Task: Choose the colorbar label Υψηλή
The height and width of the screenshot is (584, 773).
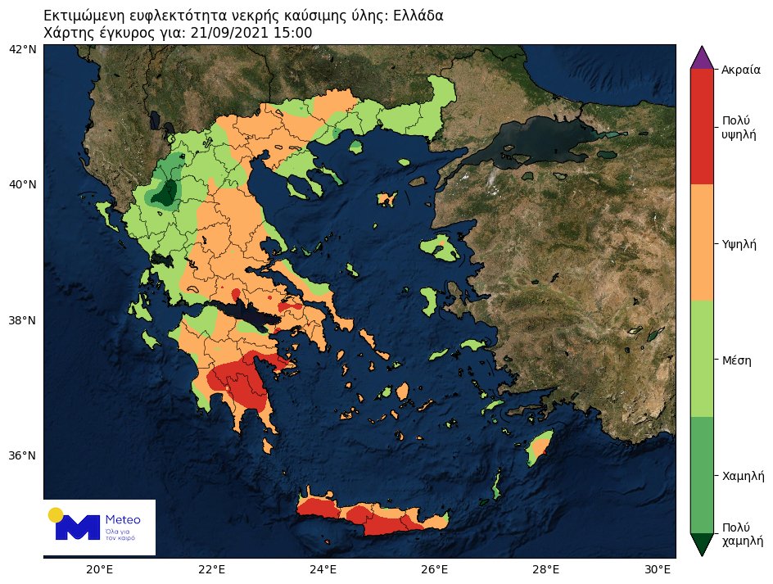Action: pos(739,244)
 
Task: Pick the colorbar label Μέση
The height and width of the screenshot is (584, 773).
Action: pos(737,360)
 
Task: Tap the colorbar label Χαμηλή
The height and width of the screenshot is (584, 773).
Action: pos(744,476)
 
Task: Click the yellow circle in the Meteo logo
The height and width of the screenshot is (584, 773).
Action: pos(56,514)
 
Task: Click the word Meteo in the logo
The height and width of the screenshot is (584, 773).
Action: pos(123,520)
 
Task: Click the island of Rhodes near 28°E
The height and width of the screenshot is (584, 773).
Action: pos(540,448)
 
